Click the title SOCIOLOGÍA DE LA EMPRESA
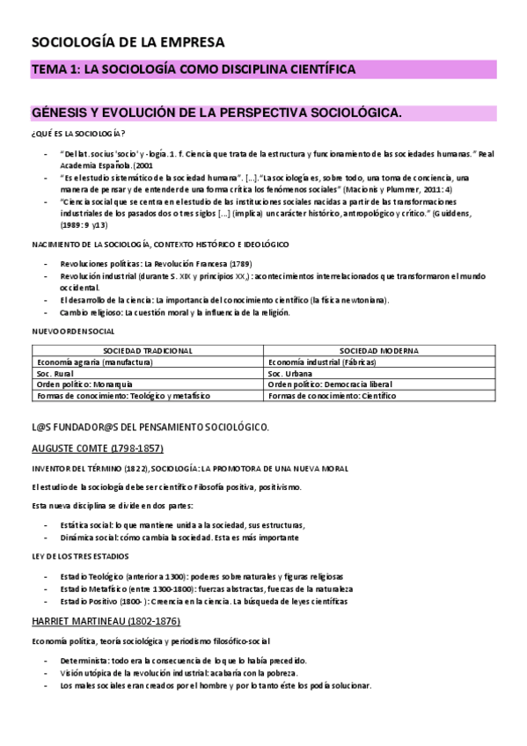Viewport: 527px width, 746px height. point(128,41)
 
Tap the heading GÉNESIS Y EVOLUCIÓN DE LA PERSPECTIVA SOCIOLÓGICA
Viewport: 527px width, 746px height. point(216,113)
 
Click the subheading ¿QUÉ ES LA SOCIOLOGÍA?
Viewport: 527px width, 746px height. point(78,134)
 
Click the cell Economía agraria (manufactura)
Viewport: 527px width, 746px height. point(91,362)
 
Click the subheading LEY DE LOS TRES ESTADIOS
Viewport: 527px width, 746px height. point(80,555)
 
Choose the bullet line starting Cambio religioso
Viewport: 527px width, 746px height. point(185,312)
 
